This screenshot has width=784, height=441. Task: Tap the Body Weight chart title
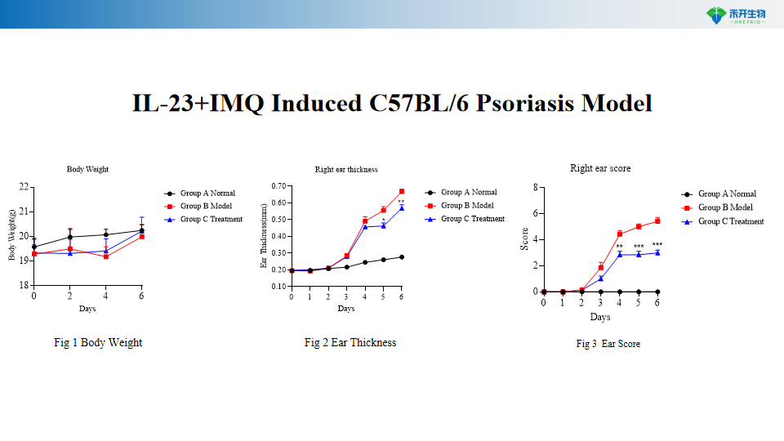click(x=87, y=169)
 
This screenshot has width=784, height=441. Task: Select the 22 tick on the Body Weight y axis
click(x=24, y=187)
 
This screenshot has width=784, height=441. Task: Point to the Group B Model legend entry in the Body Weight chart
click(x=206, y=206)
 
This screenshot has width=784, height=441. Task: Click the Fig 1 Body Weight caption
click(x=98, y=343)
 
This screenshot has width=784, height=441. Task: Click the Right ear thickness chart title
click(x=346, y=170)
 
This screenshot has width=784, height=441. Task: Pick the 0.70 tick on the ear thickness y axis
click(x=278, y=186)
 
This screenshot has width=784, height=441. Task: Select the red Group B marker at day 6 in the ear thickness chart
click(x=401, y=192)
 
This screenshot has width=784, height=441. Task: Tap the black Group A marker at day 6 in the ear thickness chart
click(x=401, y=257)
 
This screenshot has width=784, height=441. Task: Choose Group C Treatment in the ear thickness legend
click(x=473, y=219)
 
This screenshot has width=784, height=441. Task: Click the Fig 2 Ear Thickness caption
click(x=350, y=343)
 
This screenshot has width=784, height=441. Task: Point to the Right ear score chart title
click(x=600, y=168)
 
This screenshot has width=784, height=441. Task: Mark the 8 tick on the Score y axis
click(x=534, y=187)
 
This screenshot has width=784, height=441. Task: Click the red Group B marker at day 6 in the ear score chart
click(x=657, y=220)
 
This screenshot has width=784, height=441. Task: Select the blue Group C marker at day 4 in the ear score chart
click(x=620, y=254)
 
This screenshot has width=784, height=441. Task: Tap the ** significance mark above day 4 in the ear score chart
click(x=620, y=247)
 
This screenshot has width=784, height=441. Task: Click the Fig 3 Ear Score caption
click(x=608, y=345)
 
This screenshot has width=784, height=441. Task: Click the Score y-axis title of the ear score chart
click(x=525, y=238)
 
